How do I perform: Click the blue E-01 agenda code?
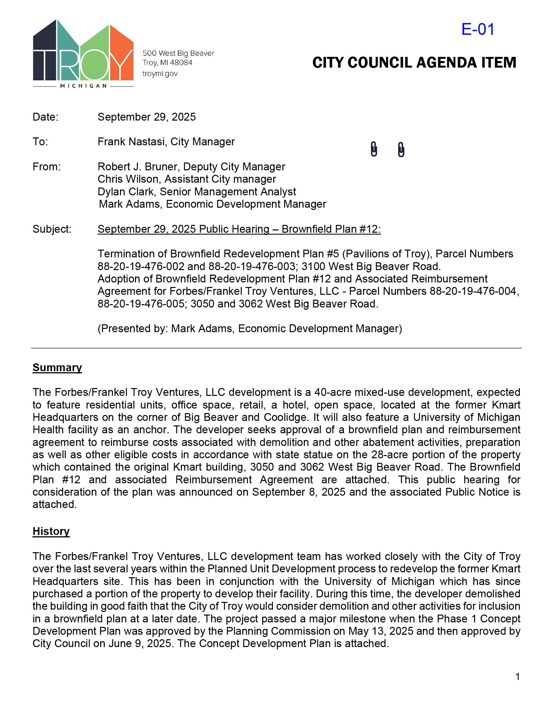point(478,30)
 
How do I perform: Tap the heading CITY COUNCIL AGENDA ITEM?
point(414,62)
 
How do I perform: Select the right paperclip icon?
point(401,149)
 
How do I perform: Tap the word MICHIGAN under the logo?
point(84,86)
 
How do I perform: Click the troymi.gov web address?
point(160,74)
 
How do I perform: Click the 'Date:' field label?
point(46,117)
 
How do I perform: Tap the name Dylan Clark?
point(126,191)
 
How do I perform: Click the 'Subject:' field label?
point(52,229)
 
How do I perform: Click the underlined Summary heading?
point(57,367)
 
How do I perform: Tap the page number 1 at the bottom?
point(518,676)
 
